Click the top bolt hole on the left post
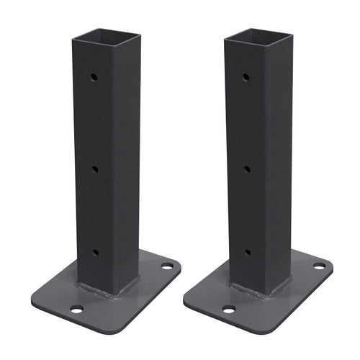point(94,76)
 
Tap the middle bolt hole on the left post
point(94,169)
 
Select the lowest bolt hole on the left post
point(94,252)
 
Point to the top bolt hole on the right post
point(246,76)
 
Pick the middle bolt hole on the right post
point(247,170)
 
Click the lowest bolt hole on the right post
point(247,252)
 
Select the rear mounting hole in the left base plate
point(166,266)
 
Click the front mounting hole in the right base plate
point(229,310)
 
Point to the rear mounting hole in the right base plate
point(319,266)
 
